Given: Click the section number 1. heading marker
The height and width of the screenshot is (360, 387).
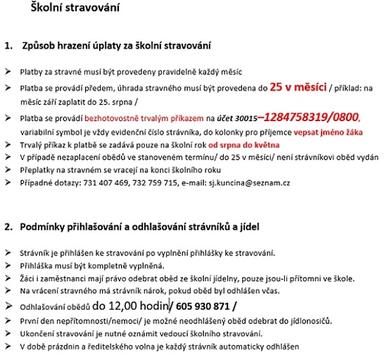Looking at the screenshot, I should click(9, 46).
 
